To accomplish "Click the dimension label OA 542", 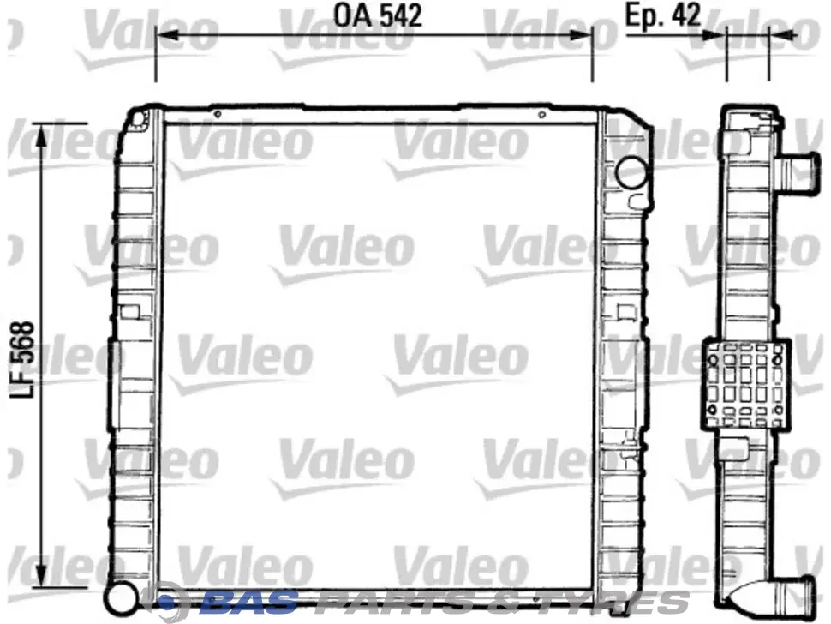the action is click(377, 15).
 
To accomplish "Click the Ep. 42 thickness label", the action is click(663, 15).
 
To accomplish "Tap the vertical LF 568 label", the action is click(22, 359).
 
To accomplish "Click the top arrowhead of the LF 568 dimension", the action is click(42, 135).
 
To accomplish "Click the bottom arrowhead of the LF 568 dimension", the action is click(42, 575).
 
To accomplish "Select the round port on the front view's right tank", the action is click(631, 173).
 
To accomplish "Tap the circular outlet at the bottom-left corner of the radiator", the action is click(120, 597).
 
